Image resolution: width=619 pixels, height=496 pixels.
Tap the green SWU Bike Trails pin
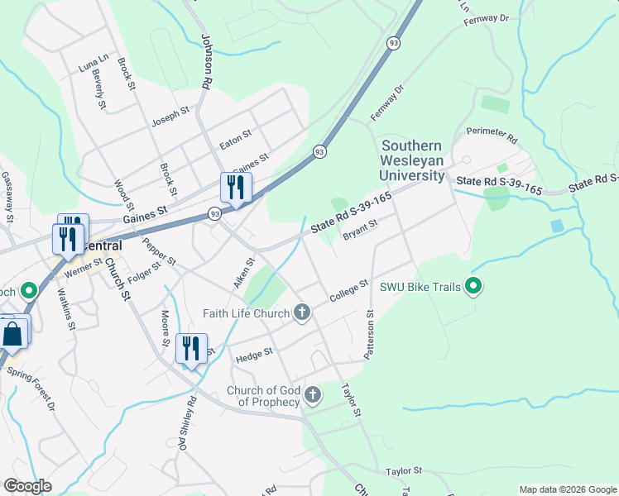pos(474,288)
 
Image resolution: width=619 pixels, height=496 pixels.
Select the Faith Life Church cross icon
pos(302,312)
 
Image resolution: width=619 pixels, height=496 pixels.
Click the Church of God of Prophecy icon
pos(313,394)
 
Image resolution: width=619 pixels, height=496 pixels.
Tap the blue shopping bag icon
pos(12,335)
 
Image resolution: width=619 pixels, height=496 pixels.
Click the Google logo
pos(27,486)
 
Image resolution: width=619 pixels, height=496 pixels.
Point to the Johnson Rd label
pos(205,61)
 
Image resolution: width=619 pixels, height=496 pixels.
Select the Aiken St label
pos(243,273)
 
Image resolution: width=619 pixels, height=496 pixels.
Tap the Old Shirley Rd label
pos(187,423)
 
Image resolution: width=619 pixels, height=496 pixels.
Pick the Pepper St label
pos(159,250)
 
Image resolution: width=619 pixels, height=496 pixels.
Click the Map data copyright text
pos(567,489)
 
